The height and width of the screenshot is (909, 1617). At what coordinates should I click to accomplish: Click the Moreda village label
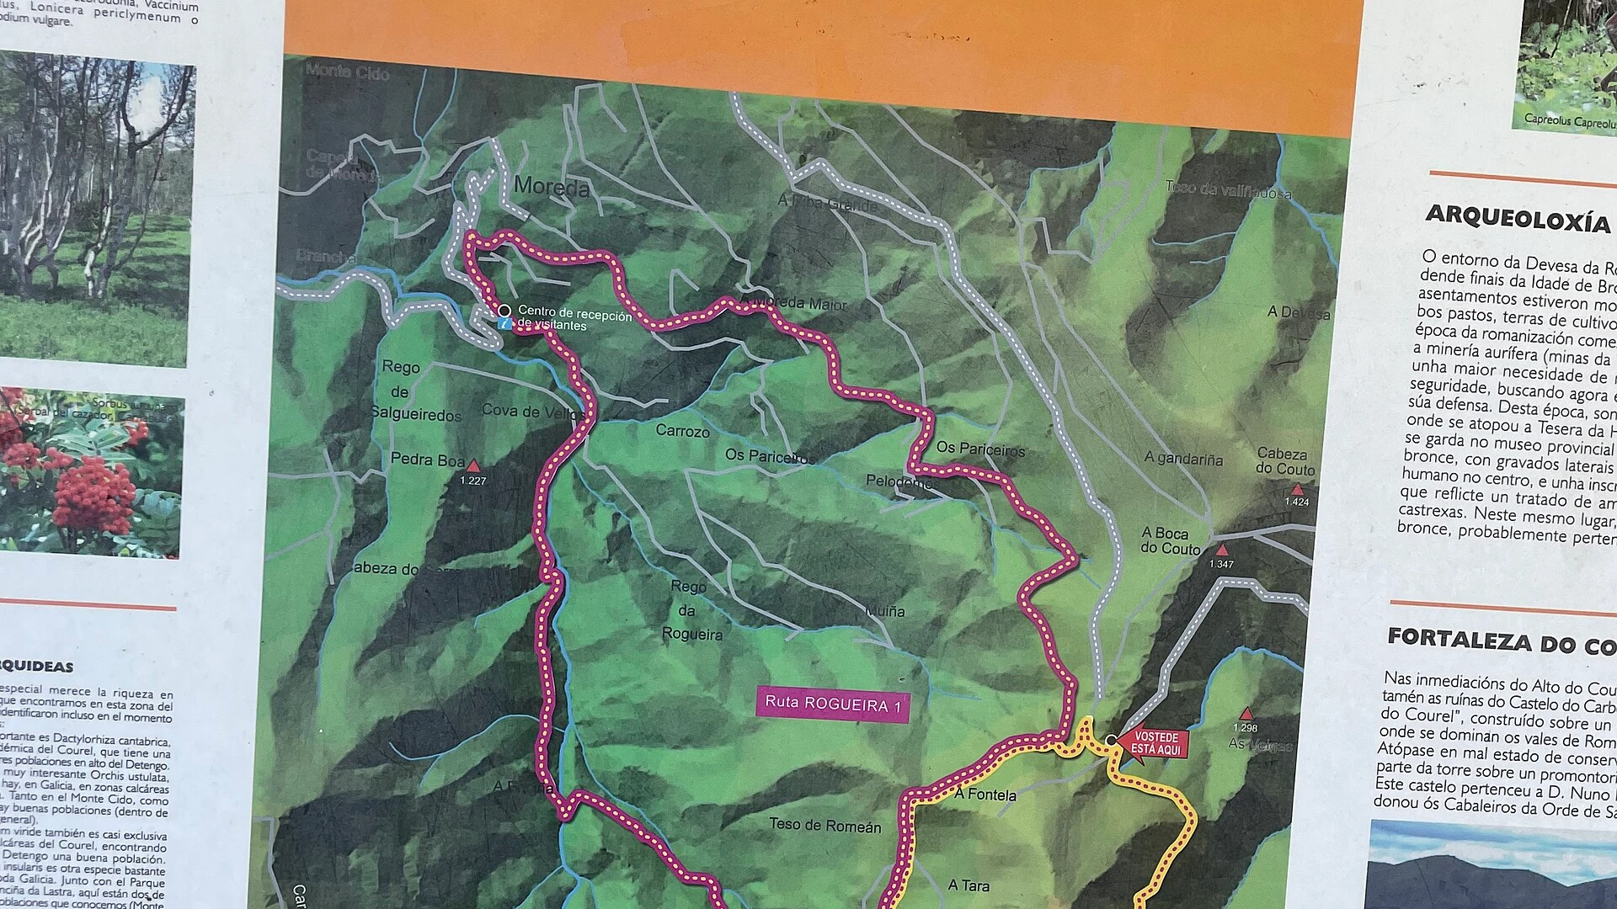552,186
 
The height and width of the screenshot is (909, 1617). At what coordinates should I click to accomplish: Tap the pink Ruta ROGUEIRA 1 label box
833,704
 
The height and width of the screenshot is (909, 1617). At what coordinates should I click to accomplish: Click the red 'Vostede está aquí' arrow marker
1154,744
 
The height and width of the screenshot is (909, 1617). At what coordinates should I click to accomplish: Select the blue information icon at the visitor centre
504,323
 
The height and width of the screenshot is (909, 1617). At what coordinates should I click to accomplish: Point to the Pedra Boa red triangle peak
473,465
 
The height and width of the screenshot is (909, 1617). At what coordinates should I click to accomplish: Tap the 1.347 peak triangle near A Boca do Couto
1222,550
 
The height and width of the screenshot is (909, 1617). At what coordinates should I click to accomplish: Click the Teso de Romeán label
825,825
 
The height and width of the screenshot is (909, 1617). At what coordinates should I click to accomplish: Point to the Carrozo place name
682,431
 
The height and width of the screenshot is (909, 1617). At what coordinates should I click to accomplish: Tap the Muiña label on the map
885,611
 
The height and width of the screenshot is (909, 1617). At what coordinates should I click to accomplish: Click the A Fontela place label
985,794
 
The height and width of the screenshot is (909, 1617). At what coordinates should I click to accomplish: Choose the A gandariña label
1183,458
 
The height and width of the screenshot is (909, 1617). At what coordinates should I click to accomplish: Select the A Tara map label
969,885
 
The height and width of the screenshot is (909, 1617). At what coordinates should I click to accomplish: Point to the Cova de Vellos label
532,411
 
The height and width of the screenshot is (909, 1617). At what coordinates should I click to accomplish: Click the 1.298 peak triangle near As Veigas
1246,715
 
